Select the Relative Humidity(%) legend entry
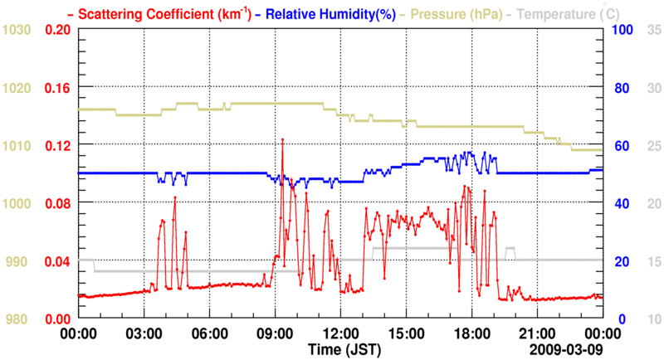[x=314, y=13]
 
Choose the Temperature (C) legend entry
[x=565, y=13]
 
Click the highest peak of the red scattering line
[x=282, y=139]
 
